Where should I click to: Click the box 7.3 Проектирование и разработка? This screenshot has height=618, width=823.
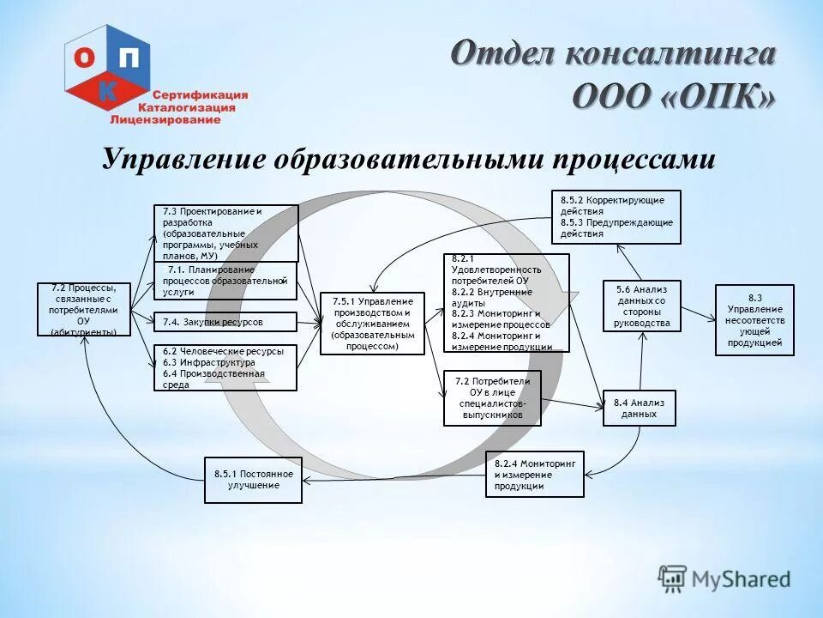(x=226, y=233)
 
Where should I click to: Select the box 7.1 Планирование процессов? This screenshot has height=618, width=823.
(x=225, y=281)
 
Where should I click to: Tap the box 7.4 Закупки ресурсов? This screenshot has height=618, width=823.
(x=225, y=322)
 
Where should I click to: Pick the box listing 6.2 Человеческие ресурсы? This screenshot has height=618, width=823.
(x=225, y=367)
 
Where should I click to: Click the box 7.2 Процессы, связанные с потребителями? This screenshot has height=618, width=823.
(x=83, y=309)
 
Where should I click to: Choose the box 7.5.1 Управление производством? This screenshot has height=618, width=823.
(x=372, y=324)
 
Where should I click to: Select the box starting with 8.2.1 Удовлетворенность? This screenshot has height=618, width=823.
(x=505, y=303)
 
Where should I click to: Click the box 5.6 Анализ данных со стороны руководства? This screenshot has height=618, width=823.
(x=641, y=306)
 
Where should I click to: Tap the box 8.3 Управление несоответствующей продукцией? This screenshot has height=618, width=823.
(x=754, y=320)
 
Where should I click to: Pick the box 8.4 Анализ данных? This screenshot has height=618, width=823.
(x=640, y=408)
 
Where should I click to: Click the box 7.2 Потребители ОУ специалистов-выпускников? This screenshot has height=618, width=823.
(x=492, y=398)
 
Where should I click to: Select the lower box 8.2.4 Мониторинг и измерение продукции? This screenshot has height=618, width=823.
(x=534, y=474)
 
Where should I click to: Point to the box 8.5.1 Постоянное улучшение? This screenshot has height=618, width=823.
(x=254, y=479)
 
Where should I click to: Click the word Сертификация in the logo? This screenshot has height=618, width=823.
(x=200, y=94)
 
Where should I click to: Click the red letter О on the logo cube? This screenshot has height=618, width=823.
(x=85, y=57)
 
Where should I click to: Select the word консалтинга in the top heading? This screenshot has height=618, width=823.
(x=671, y=53)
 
